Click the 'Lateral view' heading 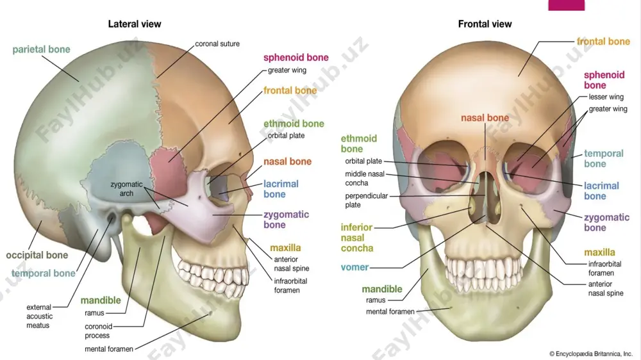pyautogui.click(x=135, y=24)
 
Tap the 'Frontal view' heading pyautogui.click(x=485, y=24)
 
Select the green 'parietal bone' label pyautogui.click(x=41, y=49)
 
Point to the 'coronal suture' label pyautogui.click(x=217, y=44)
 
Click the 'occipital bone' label pyautogui.click(x=37, y=256)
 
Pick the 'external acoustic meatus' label pyautogui.click(x=39, y=316)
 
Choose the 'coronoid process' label pyautogui.click(x=98, y=331)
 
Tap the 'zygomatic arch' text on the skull pyautogui.click(x=126, y=189)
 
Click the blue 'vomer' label pyautogui.click(x=354, y=267)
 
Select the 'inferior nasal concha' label pyautogui.click(x=357, y=238)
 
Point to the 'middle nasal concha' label pyautogui.click(x=365, y=179)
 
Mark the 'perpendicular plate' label pyautogui.click(x=366, y=200)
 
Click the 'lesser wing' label pyautogui.click(x=606, y=97)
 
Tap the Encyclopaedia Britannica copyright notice pyautogui.click(x=591, y=354)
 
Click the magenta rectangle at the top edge pyautogui.click(x=566, y=5)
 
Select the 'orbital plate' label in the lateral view pyautogui.click(x=286, y=136)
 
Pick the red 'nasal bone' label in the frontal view pyautogui.click(x=485, y=118)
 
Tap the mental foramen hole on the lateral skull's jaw pyautogui.click(x=210, y=313)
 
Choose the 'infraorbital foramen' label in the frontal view pyautogui.click(x=604, y=268)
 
